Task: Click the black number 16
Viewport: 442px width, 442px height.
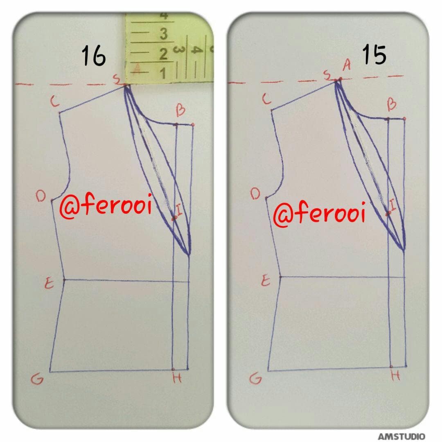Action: (94, 56)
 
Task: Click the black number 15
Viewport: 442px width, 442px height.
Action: (374, 55)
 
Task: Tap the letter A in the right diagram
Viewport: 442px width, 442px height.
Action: (347, 65)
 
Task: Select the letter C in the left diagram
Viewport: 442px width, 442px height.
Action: (55, 101)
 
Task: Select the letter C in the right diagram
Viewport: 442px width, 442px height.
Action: (267, 99)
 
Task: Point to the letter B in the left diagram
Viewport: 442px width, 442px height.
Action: (181, 110)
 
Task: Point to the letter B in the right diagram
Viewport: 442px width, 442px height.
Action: (392, 104)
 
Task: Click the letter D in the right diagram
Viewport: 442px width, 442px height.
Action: (255, 194)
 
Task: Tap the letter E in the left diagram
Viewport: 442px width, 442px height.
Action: (49, 283)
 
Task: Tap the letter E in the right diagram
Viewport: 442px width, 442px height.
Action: (266, 281)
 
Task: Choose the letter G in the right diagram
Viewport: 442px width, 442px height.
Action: (255, 378)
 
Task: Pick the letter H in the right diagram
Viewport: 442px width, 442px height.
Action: (395, 375)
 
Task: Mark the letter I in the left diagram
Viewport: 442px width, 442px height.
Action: (179, 210)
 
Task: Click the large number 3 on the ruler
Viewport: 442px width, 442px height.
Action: (163, 34)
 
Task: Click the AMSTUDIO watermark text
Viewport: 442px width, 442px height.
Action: (401, 436)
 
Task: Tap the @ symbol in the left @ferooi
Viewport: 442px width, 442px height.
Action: (69, 209)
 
